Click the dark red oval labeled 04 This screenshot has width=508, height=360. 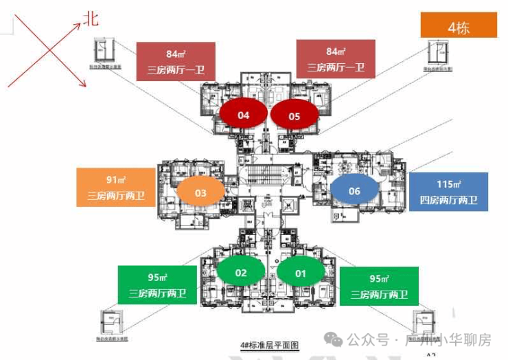[243, 115]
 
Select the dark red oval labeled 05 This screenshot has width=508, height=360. [295, 116]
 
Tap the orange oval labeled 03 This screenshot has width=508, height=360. [200, 193]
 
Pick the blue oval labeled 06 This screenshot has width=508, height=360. [354, 190]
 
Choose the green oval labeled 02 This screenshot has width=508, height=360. [241, 273]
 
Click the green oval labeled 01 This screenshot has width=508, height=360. [299, 273]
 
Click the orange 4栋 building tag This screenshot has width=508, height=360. [458, 28]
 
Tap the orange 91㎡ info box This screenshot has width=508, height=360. [115, 188]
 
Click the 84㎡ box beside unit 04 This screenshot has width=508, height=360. [176, 61]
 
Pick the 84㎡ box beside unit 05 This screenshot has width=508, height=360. [336, 59]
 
